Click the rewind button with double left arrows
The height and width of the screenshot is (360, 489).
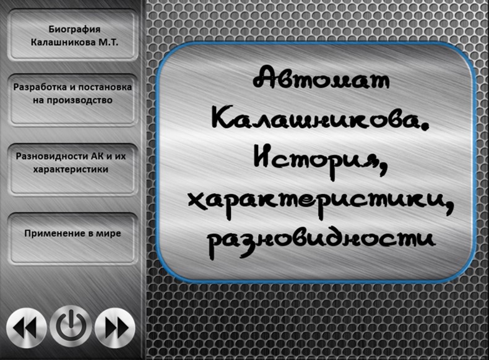point(27,326)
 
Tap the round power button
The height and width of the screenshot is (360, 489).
point(71,326)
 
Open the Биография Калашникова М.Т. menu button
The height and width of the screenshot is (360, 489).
point(74,35)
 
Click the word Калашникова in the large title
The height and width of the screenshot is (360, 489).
point(312,119)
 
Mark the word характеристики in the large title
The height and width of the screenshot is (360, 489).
point(316,199)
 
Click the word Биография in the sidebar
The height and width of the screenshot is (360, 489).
point(74,29)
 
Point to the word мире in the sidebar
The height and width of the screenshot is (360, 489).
point(109,233)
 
